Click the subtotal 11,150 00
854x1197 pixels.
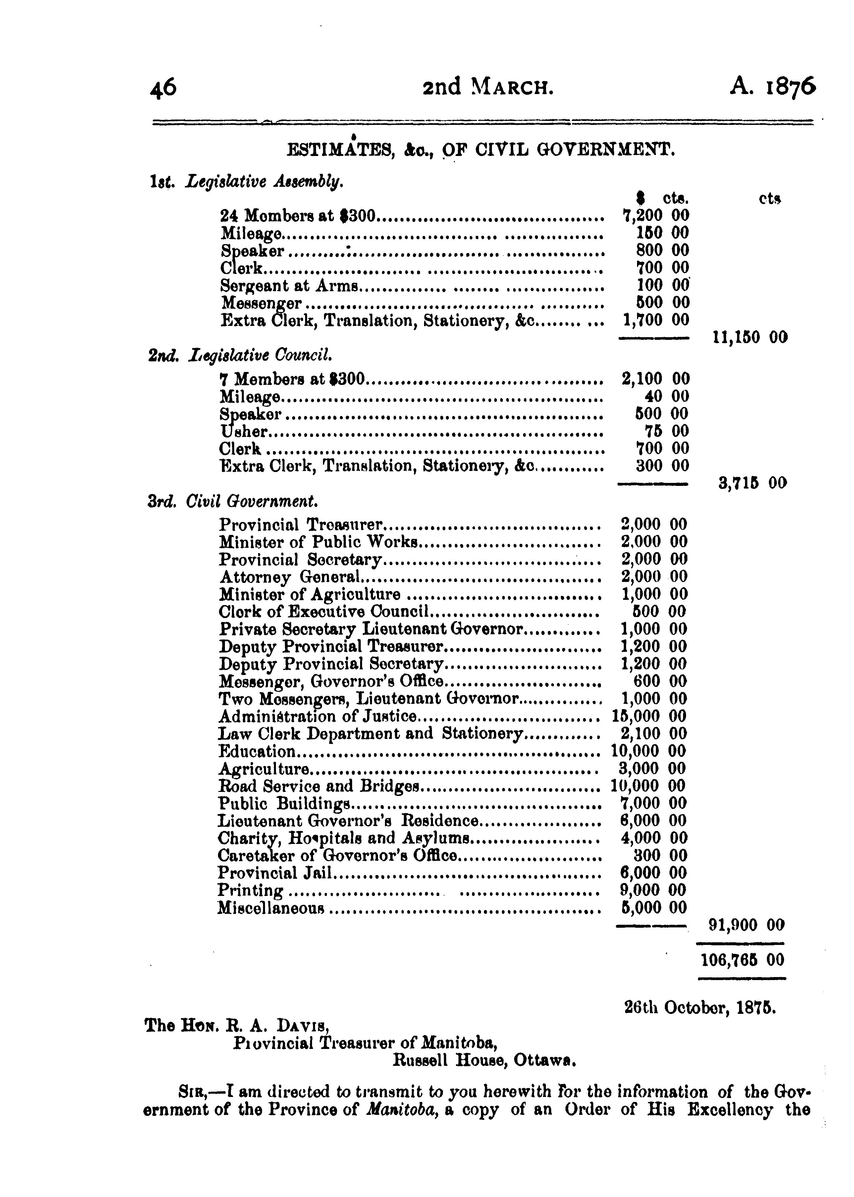pyautogui.click(x=749, y=337)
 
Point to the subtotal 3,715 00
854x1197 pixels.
pyautogui.click(x=752, y=483)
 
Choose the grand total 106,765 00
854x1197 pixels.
pyautogui.click(x=742, y=961)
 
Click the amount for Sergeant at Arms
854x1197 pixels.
pyautogui.click(x=662, y=286)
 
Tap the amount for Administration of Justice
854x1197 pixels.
pyautogui.click(x=648, y=716)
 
